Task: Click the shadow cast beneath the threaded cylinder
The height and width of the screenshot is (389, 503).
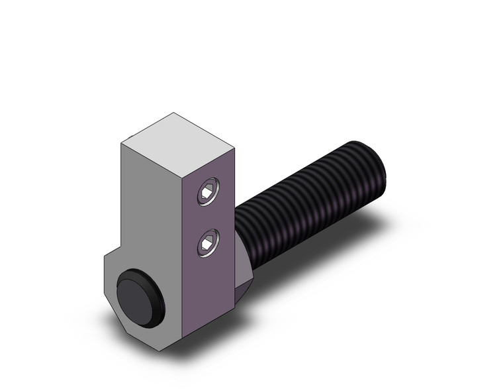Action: [318, 258]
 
